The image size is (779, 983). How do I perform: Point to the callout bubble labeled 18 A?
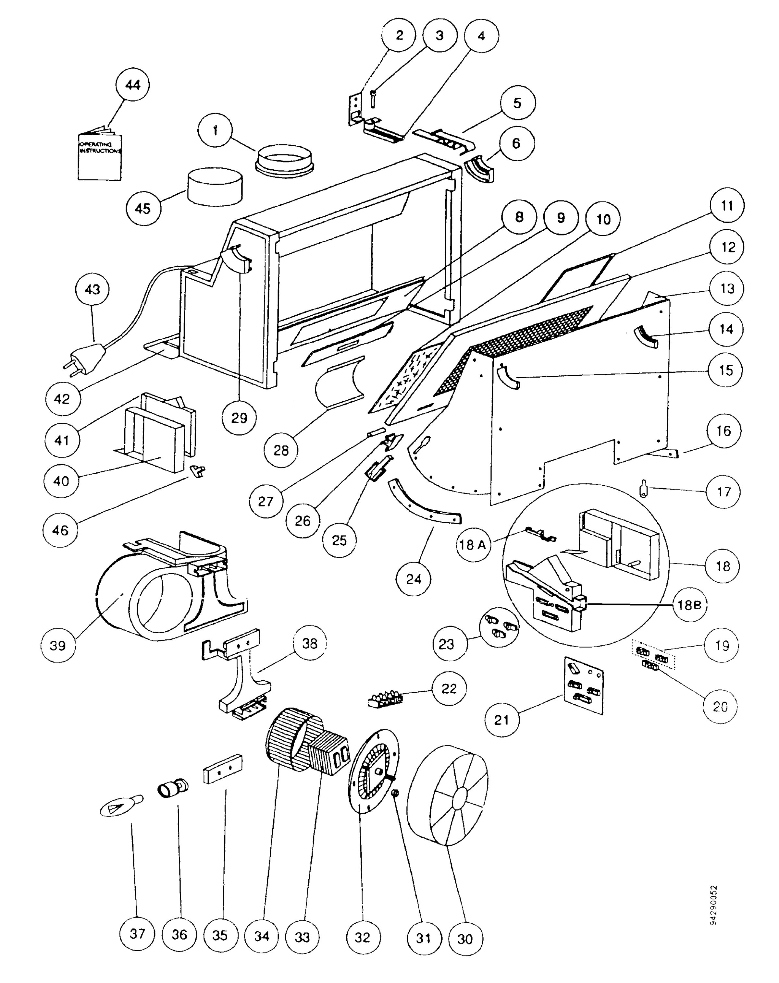coord(473,544)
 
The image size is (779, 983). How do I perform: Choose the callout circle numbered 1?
coord(215,130)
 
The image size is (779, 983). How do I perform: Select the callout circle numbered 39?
coord(58,646)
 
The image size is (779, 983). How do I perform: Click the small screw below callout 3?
coord(373,99)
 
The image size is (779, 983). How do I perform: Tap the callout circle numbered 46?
coord(60,530)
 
